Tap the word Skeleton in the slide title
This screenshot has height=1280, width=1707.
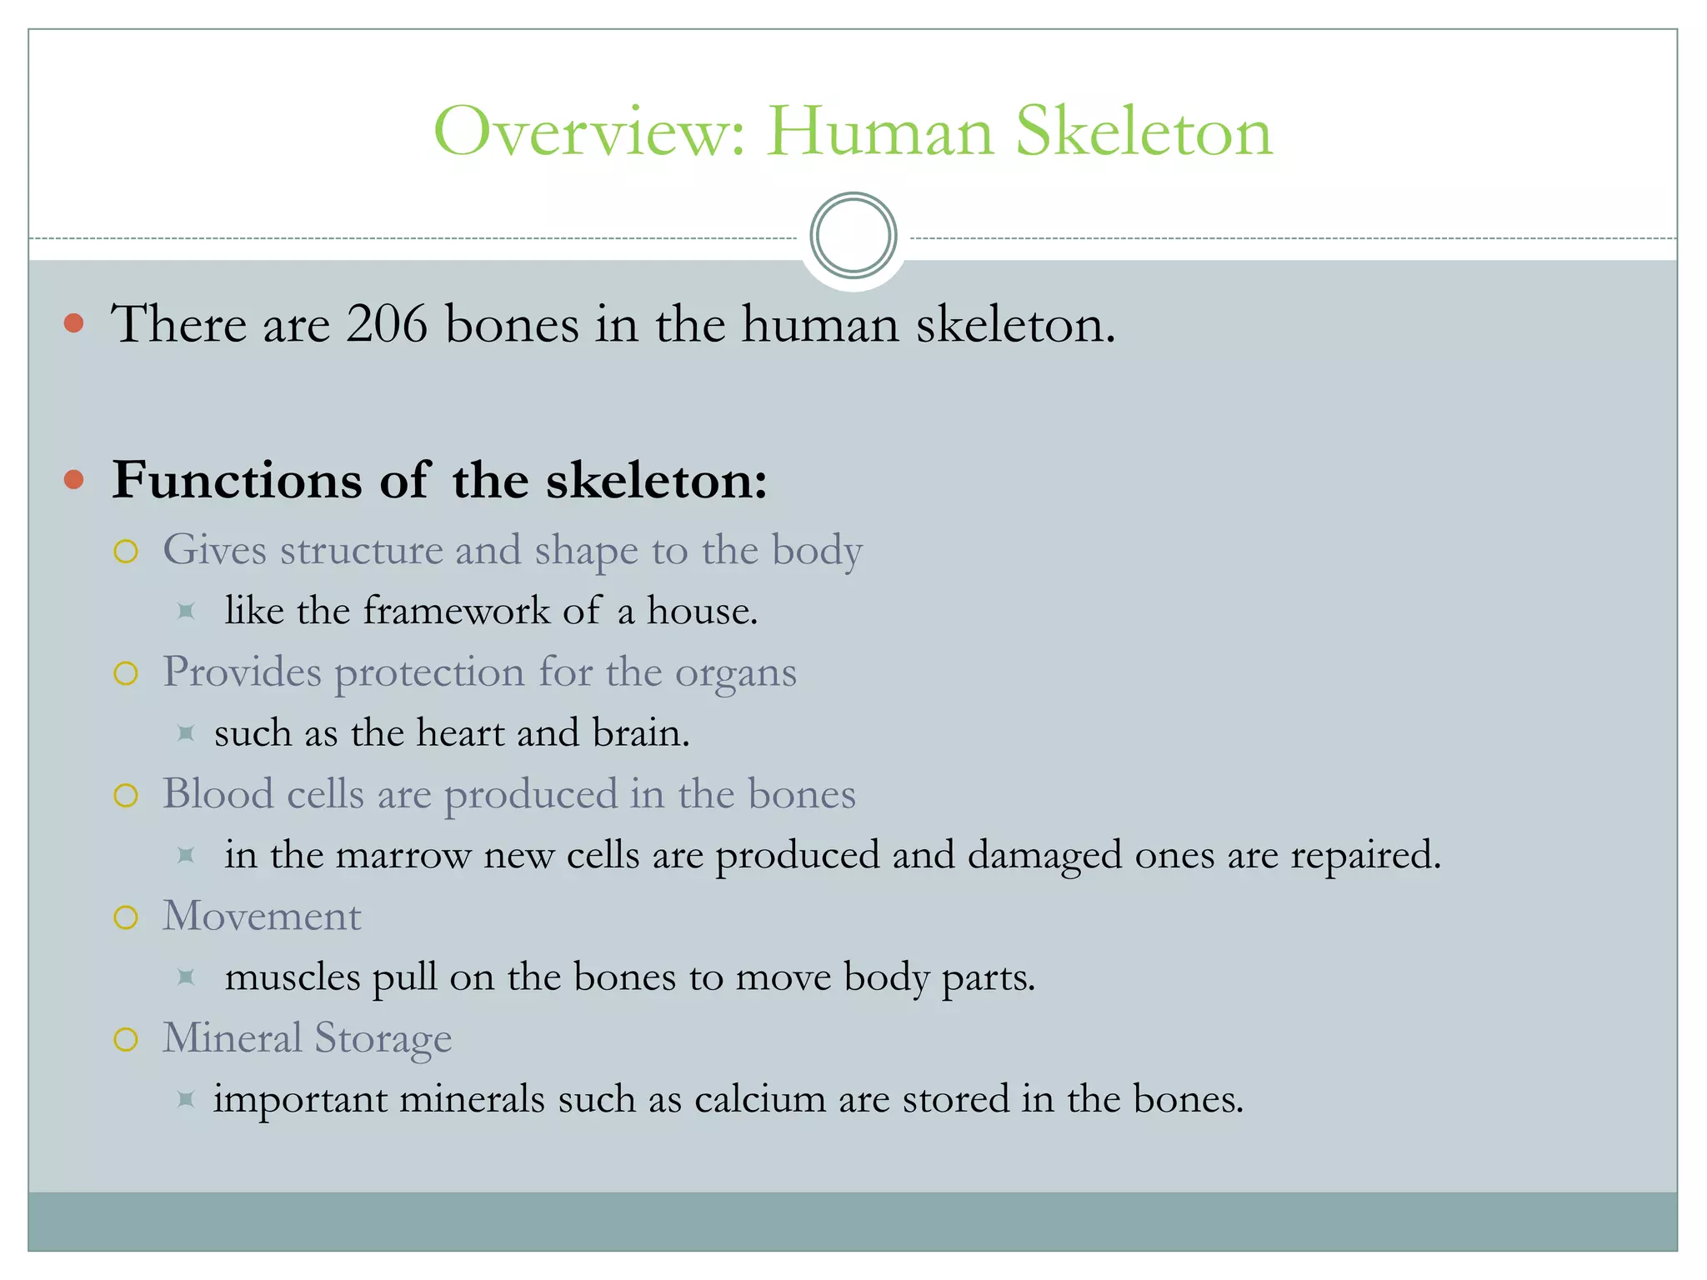(x=1144, y=132)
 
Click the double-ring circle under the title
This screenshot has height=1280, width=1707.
(x=853, y=236)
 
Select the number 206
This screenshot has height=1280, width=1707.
(x=387, y=324)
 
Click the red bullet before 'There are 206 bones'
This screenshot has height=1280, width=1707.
(x=74, y=323)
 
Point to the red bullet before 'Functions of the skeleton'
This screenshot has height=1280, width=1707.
(x=74, y=479)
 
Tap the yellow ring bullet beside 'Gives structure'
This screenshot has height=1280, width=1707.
(x=126, y=551)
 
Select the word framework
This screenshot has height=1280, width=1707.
(x=456, y=611)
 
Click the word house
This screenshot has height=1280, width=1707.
(x=701, y=611)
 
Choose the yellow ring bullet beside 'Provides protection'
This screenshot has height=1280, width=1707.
(x=126, y=673)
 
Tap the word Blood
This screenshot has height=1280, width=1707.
(x=218, y=793)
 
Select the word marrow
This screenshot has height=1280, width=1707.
(x=403, y=856)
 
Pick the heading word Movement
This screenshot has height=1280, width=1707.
(x=262, y=917)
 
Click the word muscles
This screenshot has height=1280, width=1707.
(x=293, y=977)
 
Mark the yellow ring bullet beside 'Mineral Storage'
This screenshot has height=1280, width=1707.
(x=126, y=1039)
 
